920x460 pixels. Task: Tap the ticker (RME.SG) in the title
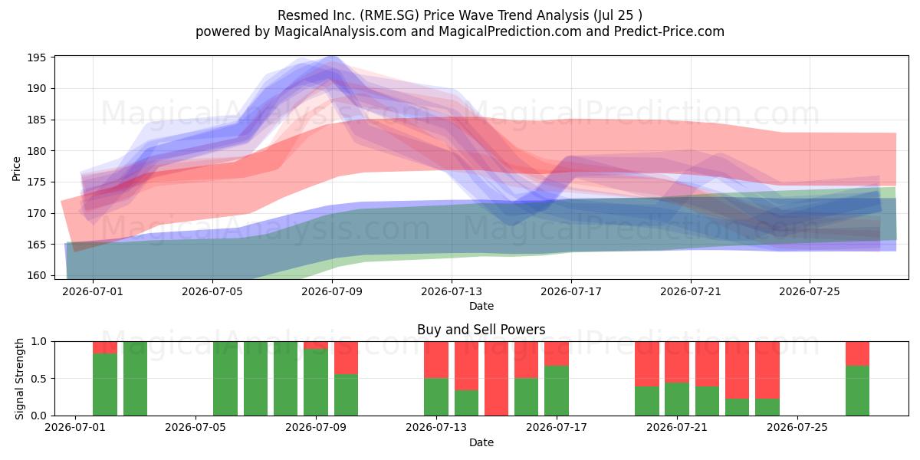[389, 15]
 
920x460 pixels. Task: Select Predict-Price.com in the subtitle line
[669, 31]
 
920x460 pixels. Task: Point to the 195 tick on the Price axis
[37, 58]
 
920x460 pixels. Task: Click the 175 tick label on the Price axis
[37, 182]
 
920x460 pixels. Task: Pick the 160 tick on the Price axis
[37, 275]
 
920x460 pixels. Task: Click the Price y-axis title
[16, 169]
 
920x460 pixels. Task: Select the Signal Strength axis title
[19, 379]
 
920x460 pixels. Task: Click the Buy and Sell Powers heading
[481, 330]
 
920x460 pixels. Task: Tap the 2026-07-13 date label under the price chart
[452, 291]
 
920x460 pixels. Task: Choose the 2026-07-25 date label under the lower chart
[797, 427]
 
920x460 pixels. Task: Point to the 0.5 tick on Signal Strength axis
[38, 378]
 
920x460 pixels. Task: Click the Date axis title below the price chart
[481, 306]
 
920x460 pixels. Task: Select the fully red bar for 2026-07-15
[496, 378]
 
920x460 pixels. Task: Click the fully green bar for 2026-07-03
[135, 378]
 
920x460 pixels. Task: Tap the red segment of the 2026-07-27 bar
[857, 353]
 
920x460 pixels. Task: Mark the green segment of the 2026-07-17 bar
[557, 390]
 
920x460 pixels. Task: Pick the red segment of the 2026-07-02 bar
[105, 347]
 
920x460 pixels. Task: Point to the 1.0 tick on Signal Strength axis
[38, 341]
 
